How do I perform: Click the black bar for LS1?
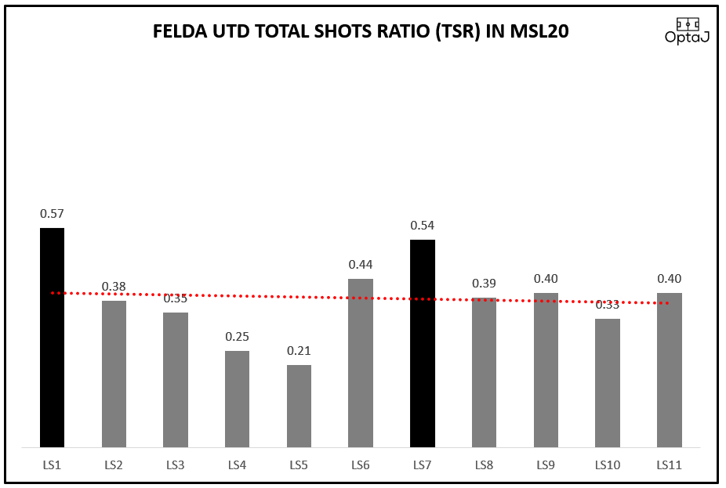(x=52, y=338)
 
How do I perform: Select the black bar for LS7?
(x=423, y=343)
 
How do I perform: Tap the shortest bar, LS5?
(x=299, y=406)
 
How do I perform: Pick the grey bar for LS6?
(x=361, y=363)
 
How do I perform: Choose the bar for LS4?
(x=237, y=399)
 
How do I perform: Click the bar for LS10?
(x=608, y=383)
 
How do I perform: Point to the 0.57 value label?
(x=52, y=213)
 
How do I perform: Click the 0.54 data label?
(x=423, y=226)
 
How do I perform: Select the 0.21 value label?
(x=299, y=351)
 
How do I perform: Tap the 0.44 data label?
(x=361, y=265)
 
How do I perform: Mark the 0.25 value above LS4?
(x=237, y=337)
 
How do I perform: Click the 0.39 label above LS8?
(x=484, y=284)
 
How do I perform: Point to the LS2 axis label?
(x=114, y=465)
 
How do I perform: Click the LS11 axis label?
(x=669, y=465)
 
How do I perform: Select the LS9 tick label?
(x=546, y=465)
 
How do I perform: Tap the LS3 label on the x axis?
(x=176, y=465)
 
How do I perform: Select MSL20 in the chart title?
(x=540, y=32)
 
